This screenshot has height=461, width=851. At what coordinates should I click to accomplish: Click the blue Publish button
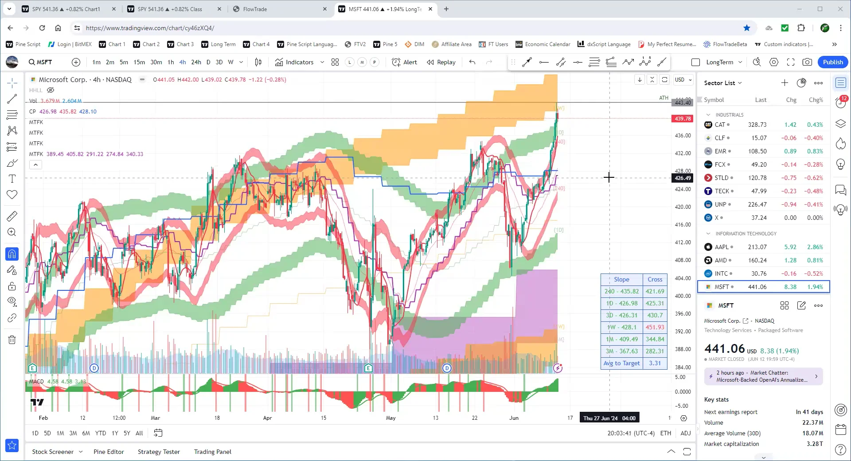tap(832, 62)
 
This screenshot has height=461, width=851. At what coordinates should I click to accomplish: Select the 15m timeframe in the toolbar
tap(139, 62)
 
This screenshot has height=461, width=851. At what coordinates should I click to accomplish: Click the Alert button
tap(405, 62)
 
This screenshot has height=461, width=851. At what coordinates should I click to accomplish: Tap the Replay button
tap(441, 62)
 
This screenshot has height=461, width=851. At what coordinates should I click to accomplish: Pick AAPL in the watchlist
tap(722, 247)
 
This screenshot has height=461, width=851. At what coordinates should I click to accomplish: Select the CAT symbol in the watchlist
tap(720, 125)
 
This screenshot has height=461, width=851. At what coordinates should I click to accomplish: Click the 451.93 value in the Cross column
tap(655, 327)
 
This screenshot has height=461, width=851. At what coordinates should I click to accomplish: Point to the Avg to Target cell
tap(621, 363)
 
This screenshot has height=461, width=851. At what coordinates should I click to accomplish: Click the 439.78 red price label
tap(683, 119)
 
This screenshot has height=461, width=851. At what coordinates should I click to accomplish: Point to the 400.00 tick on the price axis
tap(683, 296)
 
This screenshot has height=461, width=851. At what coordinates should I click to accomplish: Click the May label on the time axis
tap(390, 418)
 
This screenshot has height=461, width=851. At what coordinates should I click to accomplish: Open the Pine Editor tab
tap(109, 452)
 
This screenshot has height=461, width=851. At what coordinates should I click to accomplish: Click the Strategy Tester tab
tap(159, 452)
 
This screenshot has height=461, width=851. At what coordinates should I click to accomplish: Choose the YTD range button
tap(101, 433)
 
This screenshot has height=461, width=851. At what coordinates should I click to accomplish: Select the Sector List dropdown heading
tap(722, 83)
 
